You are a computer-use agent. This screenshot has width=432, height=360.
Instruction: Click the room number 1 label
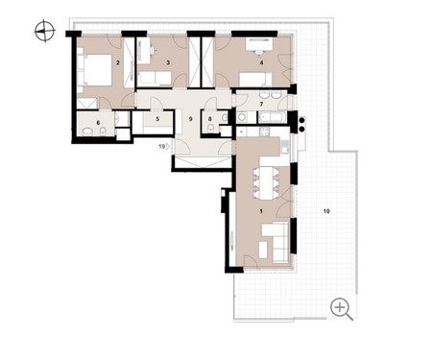[x=261, y=211]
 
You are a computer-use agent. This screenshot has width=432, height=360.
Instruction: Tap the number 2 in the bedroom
[x=118, y=62]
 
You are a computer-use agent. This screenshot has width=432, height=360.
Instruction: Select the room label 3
[x=168, y=62]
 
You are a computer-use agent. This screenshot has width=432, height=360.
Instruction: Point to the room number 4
[x=261, y=62]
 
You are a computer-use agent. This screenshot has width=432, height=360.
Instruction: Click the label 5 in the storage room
[x=157, y=119]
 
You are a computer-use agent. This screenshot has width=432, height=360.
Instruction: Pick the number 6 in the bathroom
[x=98, y=123]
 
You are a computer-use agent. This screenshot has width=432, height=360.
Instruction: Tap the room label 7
[x=261, y=104]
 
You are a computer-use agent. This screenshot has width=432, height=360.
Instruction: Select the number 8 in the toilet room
[x=210, y=119]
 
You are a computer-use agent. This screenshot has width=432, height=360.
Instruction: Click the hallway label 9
[x=191, y=119]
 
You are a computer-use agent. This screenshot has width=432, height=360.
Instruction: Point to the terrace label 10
[x=326, y=211]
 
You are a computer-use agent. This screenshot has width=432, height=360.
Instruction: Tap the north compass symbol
[x=45, y=31]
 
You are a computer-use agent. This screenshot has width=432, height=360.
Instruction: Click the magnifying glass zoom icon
[x=342, y=309]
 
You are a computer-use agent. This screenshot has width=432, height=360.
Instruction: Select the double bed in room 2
[x=94, y=70]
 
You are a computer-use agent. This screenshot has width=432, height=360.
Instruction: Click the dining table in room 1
[x=266, y=182]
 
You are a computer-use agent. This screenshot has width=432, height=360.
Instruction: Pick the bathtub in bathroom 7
[x=272, y=117]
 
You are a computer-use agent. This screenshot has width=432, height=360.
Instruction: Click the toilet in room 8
[x=210, y=129]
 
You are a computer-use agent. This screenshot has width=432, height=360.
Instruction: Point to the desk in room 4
[x=259, y=44]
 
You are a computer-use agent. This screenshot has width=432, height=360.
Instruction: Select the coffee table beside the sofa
[x=263, y=250]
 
